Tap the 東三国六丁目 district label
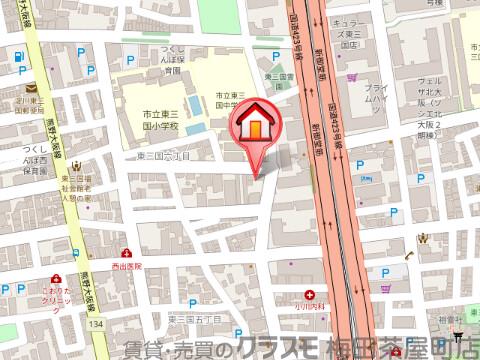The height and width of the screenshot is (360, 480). [164, 156]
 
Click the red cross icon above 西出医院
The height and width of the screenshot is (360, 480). [127, 253]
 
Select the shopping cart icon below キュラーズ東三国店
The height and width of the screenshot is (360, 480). [352, 75]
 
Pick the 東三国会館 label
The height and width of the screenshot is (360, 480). [279, 76]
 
